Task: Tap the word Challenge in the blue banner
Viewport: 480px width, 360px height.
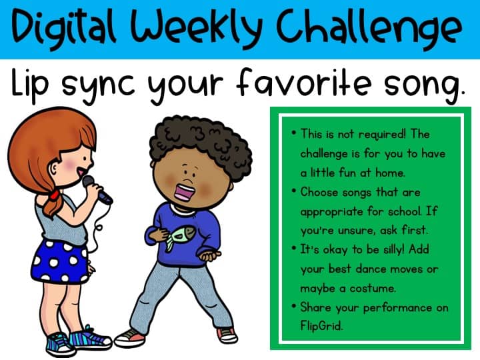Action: pyautogui.click(x=369, y=28)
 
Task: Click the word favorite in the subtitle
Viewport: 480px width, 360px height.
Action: pyautogui.click(x=304, y=83)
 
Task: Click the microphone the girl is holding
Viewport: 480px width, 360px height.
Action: pyautogui.click(x=97, y=190)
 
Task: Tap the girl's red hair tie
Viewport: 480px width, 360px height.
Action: pyautogui.click(x=55, y=195)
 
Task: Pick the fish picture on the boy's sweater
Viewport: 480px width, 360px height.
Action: pyautogui.click(x=181, y=237)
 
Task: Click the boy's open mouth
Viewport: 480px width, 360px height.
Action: pyautogui.click(x=185, y=192)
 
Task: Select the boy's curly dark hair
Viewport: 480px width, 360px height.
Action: pyautogui.click(x=201, y=141)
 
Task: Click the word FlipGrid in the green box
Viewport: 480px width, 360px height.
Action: pyautogui.click(x=321, y=325)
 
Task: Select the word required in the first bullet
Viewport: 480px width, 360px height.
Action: pyautogui.click(x=382, y=135)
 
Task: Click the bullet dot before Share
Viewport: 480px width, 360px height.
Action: pyautogui.click(x=294, y=306)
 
